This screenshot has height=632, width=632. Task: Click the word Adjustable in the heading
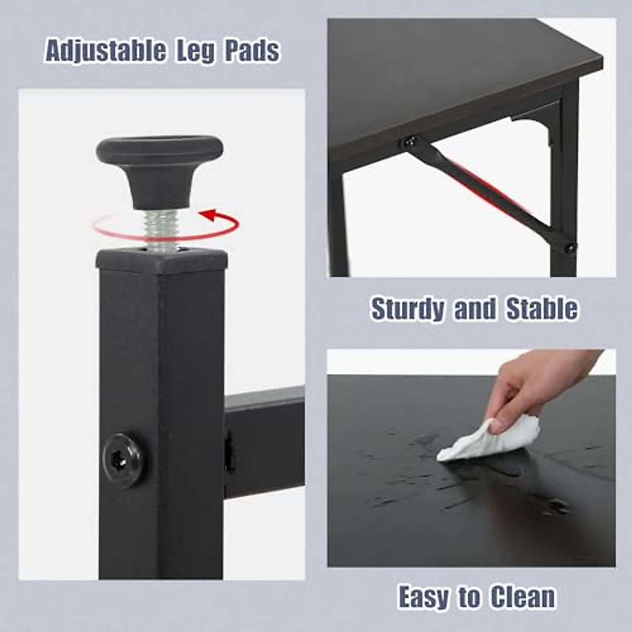click(x=105, y=52)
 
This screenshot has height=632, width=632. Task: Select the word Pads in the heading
click(x=252, y=52)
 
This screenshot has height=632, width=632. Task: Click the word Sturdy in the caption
click(x=408, y=309)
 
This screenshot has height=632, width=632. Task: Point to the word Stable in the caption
click(x=542, y=309)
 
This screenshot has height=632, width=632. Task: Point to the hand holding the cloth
click(x=532, y=390)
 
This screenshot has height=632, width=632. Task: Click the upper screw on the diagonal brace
click(x=410, y=141)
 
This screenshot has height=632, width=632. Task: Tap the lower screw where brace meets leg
click(x=570, y=246)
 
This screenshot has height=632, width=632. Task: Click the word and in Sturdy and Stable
click(x=475, y=309)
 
